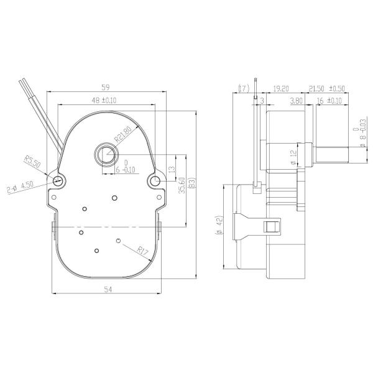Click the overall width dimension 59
(x=107, y=88)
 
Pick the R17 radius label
(x=143, y=251)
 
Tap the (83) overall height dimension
(x=192, y=184)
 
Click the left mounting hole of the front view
(x=58, y=181)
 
